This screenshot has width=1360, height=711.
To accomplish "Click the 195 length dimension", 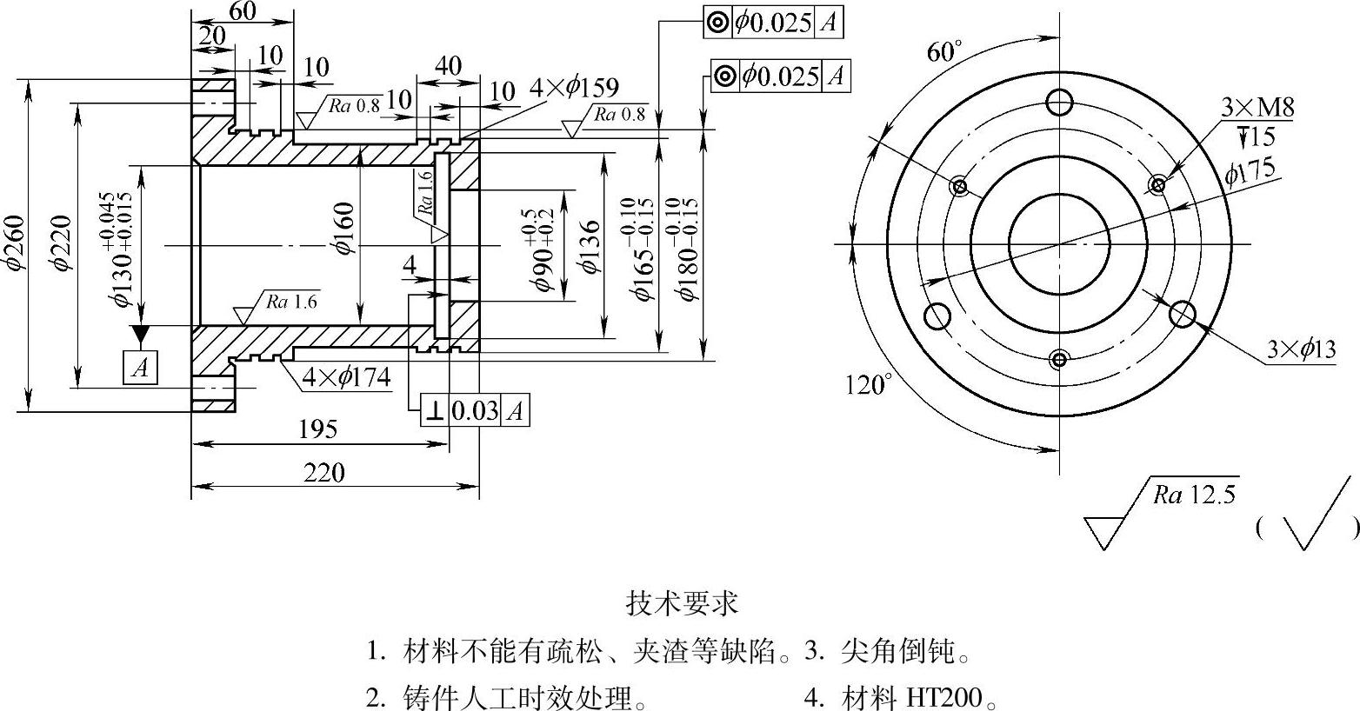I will [x=317, y=429].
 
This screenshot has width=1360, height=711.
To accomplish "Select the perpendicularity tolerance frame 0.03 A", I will [x=475, y=410].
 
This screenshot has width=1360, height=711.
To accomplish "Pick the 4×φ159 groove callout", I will [x=574, y=88].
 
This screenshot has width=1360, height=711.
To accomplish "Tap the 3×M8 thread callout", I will [x=1257, y=108].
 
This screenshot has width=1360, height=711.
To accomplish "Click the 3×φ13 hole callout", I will [x=1301, y=350].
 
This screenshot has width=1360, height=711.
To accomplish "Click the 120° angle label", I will [x=868, y=383].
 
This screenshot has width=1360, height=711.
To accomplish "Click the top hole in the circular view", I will [x=1060, y=103].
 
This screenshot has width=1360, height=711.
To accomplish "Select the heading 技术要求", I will [x=682, y=602].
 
